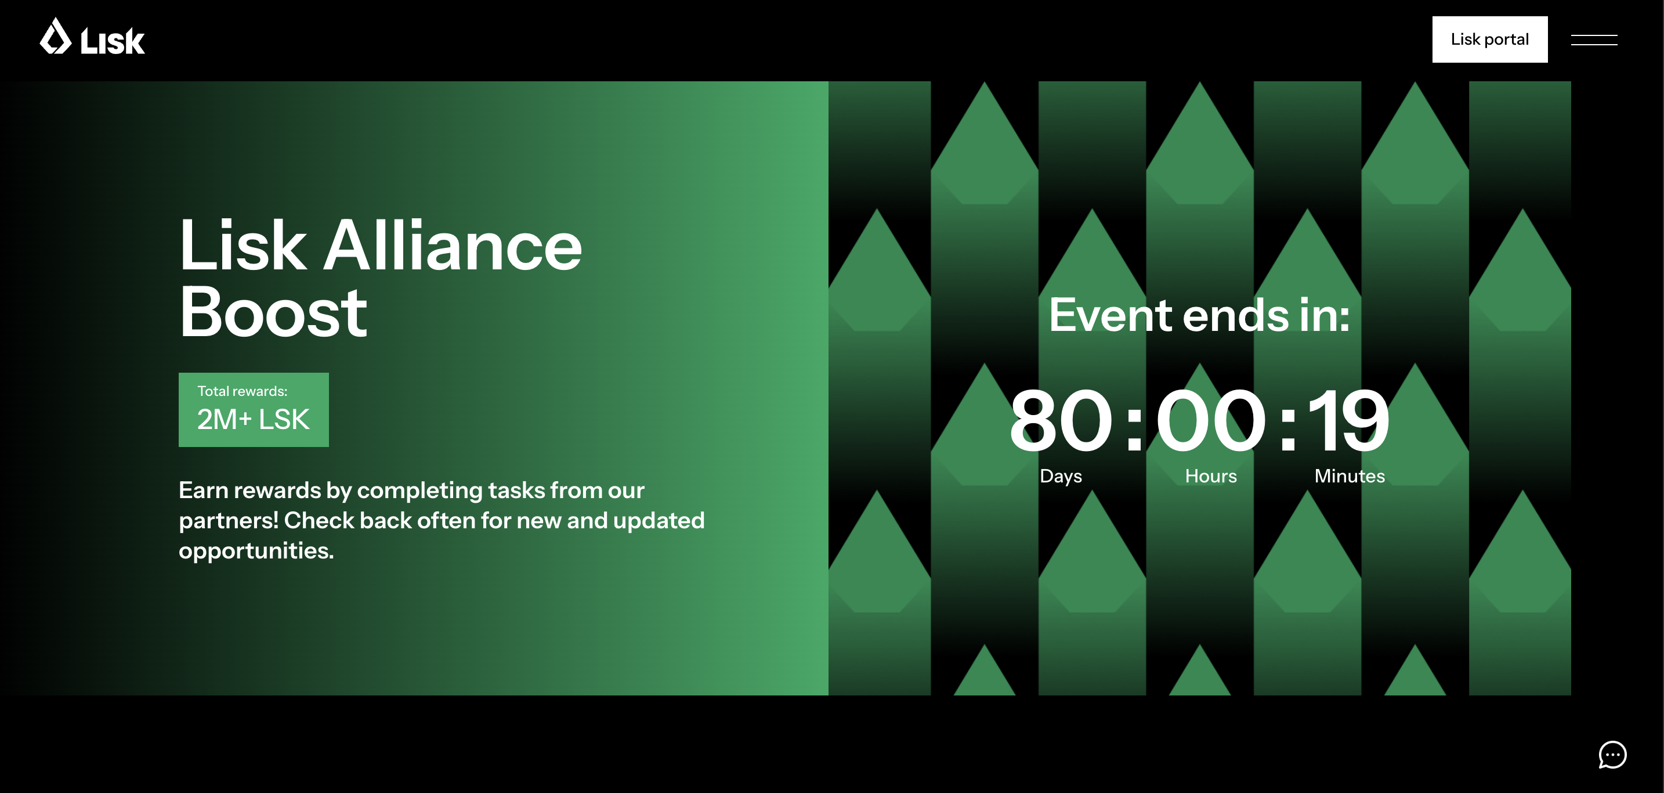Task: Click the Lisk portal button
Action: pyautogui.click(x=1489, y=39)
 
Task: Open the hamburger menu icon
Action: pyautogui.click(x=1594, y=40)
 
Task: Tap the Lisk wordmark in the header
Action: pyautogui.click(x=113, y=41)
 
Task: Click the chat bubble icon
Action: pyautogui.click(x=1612, y=754)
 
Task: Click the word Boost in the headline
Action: pyautogui.click(x=273, y=313)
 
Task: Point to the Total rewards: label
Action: pyautogui.click(x=243, y=391)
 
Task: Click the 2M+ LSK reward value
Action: pyautogui.click(x=253, y=420)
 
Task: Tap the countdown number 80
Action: pyautogui.click(x=1061, y=421)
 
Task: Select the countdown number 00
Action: pyautogui.click(x=1210, y=421)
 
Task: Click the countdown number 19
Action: pyautogui.click(x=1348, y=421)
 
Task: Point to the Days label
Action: pyautogui.click(x=1061, y=476)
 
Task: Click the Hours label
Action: pyautogui.click(x=1210, y=476)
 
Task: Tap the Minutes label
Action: pyautogui.click(x=1350, y=476)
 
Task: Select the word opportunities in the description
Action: pyautogui.click(x=256, y=551)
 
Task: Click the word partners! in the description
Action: pyautogui.click(x=229, y=521)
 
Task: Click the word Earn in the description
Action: pyautogui.click(x=204, y=490)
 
